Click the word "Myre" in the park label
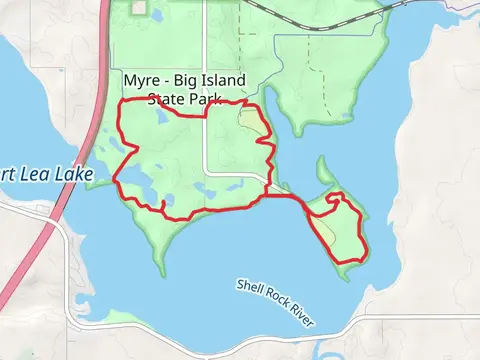coord(142,81)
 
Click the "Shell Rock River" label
coord(275,299)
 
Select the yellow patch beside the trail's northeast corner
coord(251,123)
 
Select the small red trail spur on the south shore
coord(164,206)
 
